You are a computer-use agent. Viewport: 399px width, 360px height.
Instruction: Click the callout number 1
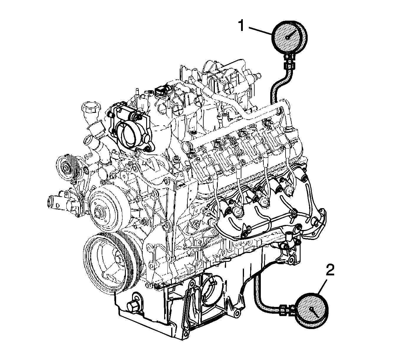click(x=241, y=26)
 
